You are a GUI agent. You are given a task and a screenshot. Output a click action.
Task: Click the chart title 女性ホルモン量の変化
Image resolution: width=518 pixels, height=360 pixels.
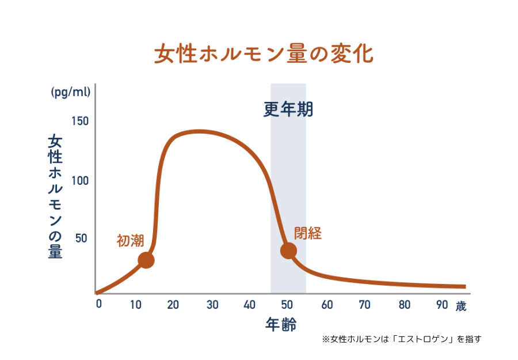(x=264, y=54)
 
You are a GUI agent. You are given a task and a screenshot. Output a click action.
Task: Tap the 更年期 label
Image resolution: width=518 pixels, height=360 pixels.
(x=288, y=109)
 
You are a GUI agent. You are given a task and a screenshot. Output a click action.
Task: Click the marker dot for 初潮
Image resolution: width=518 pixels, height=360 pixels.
(x=146, y=260)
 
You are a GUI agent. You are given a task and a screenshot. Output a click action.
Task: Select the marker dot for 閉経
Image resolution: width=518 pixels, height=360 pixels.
(x=288, y=251)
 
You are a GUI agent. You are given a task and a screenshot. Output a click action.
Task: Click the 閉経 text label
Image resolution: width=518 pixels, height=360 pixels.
(x=307, y=233)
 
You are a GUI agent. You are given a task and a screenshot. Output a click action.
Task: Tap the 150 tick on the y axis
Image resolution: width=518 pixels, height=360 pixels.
(x=80, y=122)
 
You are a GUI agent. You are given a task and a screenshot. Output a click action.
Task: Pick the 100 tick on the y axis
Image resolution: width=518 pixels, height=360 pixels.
(x=80, y=181)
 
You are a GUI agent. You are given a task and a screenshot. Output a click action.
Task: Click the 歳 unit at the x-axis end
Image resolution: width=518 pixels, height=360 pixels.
(x=460, y=306)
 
